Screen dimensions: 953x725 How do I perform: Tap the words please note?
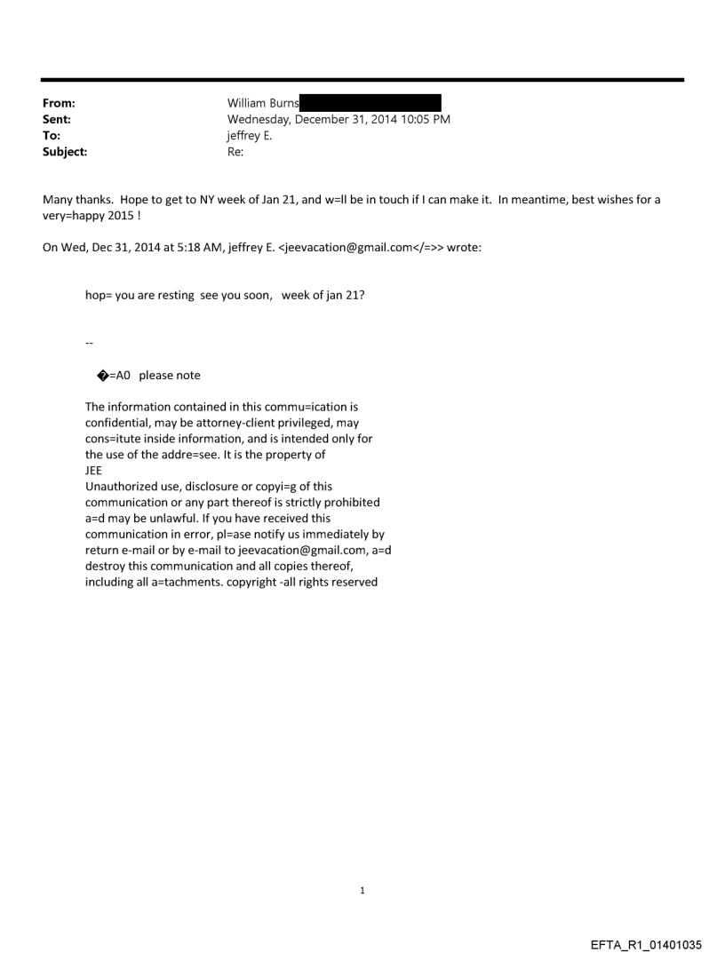170,376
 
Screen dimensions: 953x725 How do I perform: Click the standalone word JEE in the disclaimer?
93,471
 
